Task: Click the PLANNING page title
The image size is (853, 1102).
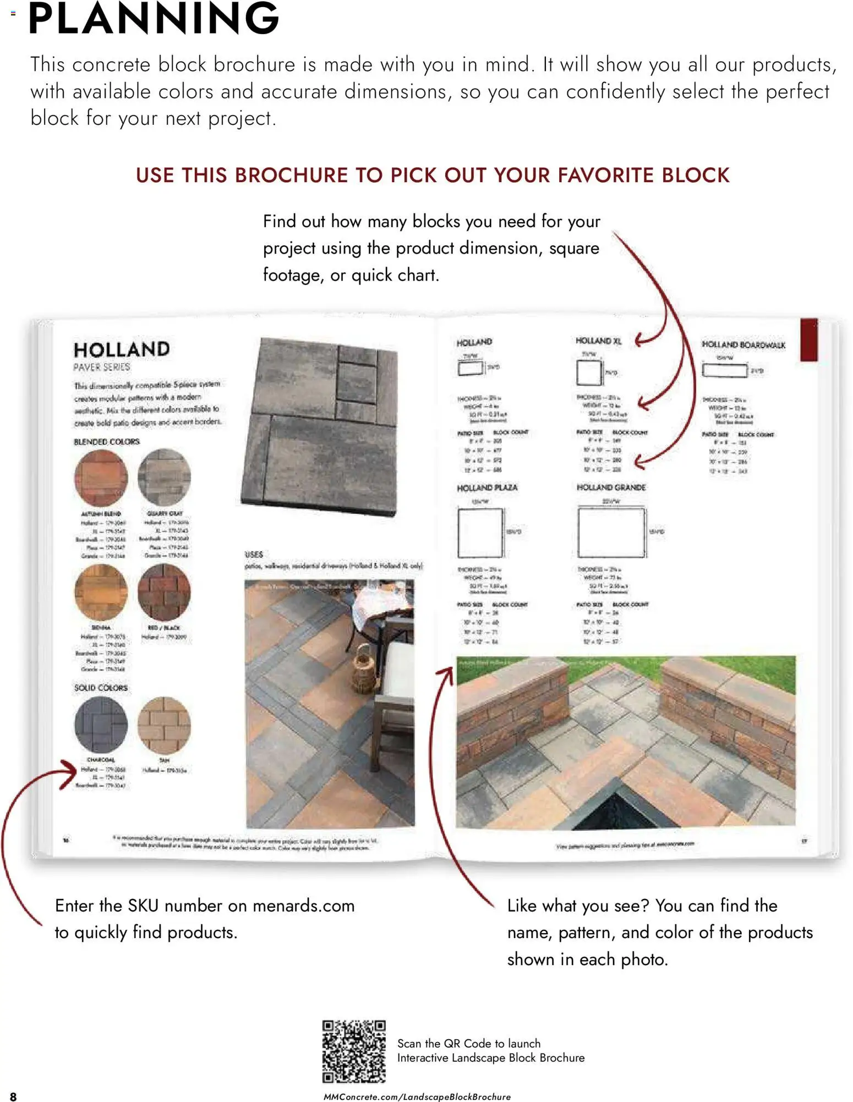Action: [154, 19]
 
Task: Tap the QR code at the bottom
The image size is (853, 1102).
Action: [354, 1051]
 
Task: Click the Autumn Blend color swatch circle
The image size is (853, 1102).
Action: [101, 478]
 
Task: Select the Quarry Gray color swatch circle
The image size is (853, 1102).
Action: [164, 477]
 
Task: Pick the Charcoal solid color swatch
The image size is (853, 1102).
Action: [101, 725]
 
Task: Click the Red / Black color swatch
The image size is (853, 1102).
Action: [164, 593]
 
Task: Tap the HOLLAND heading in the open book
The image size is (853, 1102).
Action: [122, 350]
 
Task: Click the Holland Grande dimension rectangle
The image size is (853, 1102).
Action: [611, 533]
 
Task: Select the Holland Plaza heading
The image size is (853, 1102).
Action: [487, 488]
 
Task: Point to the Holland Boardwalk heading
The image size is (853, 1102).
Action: [743, 345]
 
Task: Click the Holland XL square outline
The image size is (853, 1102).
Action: [589, 372]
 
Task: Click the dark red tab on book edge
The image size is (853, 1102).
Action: [808, 340]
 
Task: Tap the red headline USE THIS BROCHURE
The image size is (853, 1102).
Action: [433, 176]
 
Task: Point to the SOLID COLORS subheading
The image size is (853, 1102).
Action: [101, 688]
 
